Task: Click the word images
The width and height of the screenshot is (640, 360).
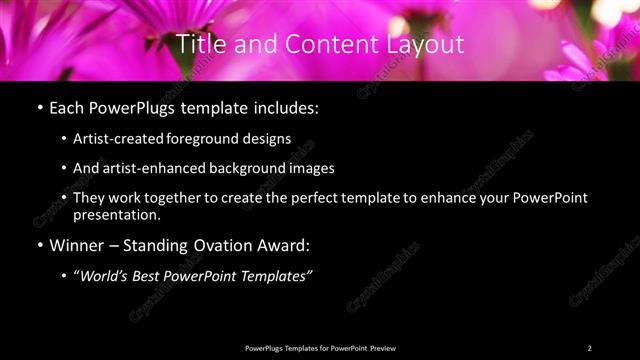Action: [x=312, y=168]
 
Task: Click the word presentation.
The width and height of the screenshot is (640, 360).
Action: [x=117, y=214]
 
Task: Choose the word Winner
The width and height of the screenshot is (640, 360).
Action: [x=77, y=244]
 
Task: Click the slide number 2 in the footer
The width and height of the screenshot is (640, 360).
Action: [x=590, y=347]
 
